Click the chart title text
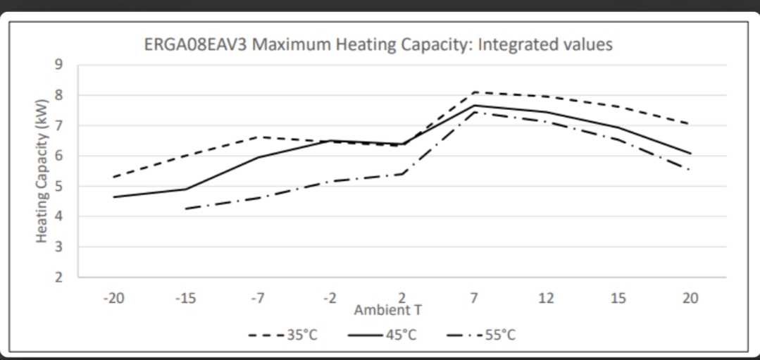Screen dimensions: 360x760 [378, 45]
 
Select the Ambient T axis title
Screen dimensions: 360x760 [388, 309]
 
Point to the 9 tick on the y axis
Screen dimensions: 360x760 [59, 65]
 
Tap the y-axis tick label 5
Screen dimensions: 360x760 [59, 187]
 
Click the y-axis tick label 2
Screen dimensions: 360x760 [59, 278]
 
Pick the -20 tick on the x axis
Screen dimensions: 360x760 [113, 298]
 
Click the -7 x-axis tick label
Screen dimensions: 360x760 [258, 298]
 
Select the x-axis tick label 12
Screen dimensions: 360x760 [546, 298]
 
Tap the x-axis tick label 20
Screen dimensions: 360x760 [690, 298]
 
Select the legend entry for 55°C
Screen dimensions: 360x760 [482, 335]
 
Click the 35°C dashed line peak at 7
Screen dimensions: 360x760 [475, 92]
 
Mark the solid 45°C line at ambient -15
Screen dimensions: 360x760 [185, 189]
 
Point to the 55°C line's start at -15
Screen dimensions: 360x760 [185, 209]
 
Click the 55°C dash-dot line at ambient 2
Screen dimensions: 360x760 [402, 173]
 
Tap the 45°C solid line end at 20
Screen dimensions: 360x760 [690, 153]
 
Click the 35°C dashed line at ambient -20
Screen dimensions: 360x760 [113, 177]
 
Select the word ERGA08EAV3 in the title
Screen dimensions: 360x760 [189, 45]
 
